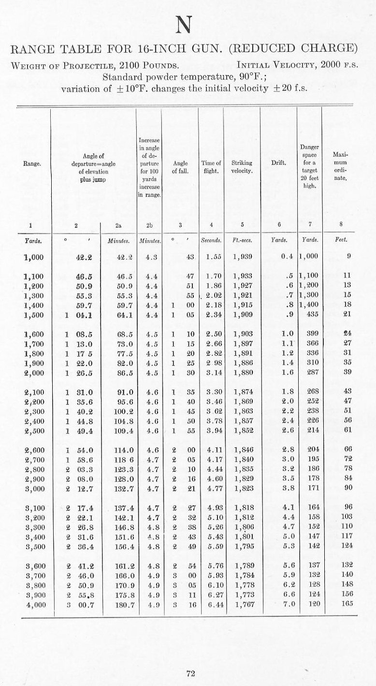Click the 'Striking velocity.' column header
click(242, 167)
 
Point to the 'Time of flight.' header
click(211, 167)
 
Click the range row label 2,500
click(33, 430)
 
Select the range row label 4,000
click(33, 604)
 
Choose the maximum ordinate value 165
click(347, 604)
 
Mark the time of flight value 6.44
click(211, 604)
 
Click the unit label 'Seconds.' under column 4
click(211, 240)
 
